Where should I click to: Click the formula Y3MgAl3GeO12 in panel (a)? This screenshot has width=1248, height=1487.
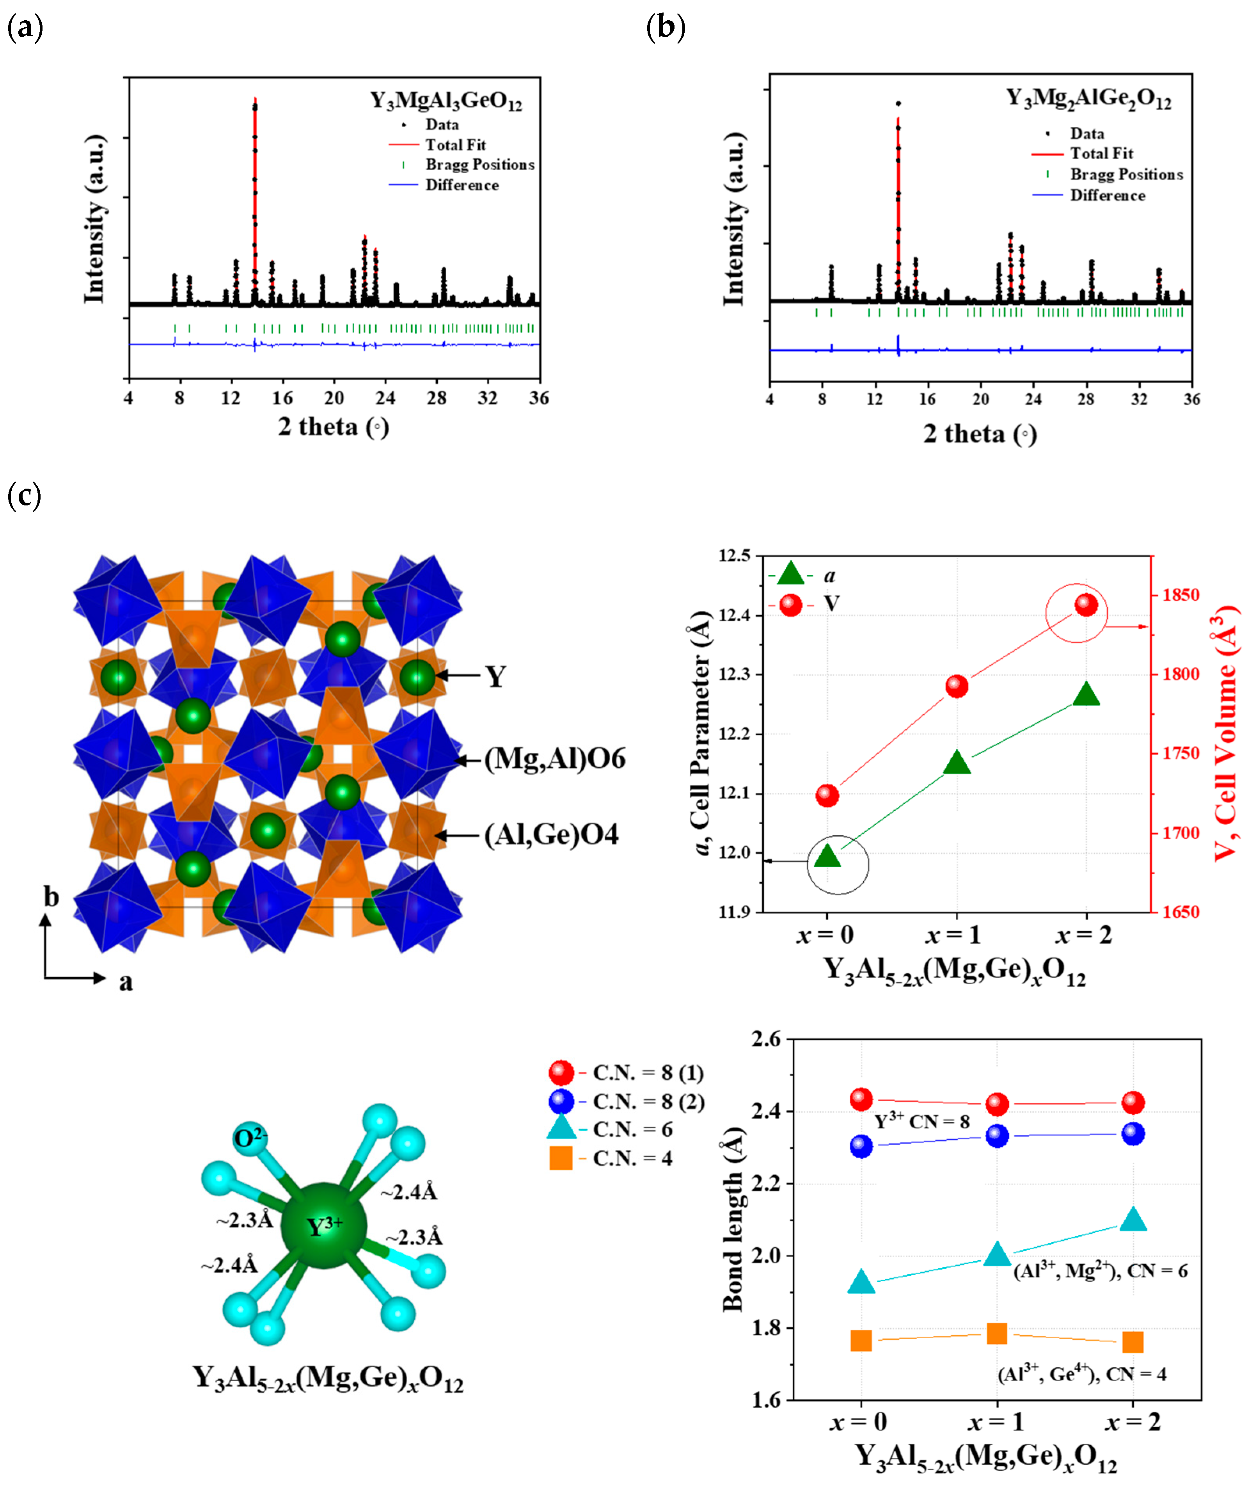(x=446, y=101)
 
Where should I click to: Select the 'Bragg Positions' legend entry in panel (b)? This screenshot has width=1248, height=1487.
(x=1126, y=174)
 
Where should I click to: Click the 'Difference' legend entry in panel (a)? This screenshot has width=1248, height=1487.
(x=462, y=185)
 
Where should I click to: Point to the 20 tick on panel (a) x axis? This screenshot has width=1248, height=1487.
(x=334, y=398)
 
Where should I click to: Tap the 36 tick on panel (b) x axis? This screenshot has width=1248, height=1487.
(x=1191, y=399)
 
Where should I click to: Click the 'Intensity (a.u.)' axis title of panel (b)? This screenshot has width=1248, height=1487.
(x=734, y=219)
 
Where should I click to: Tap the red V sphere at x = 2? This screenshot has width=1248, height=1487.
(x=1086, y=605)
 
